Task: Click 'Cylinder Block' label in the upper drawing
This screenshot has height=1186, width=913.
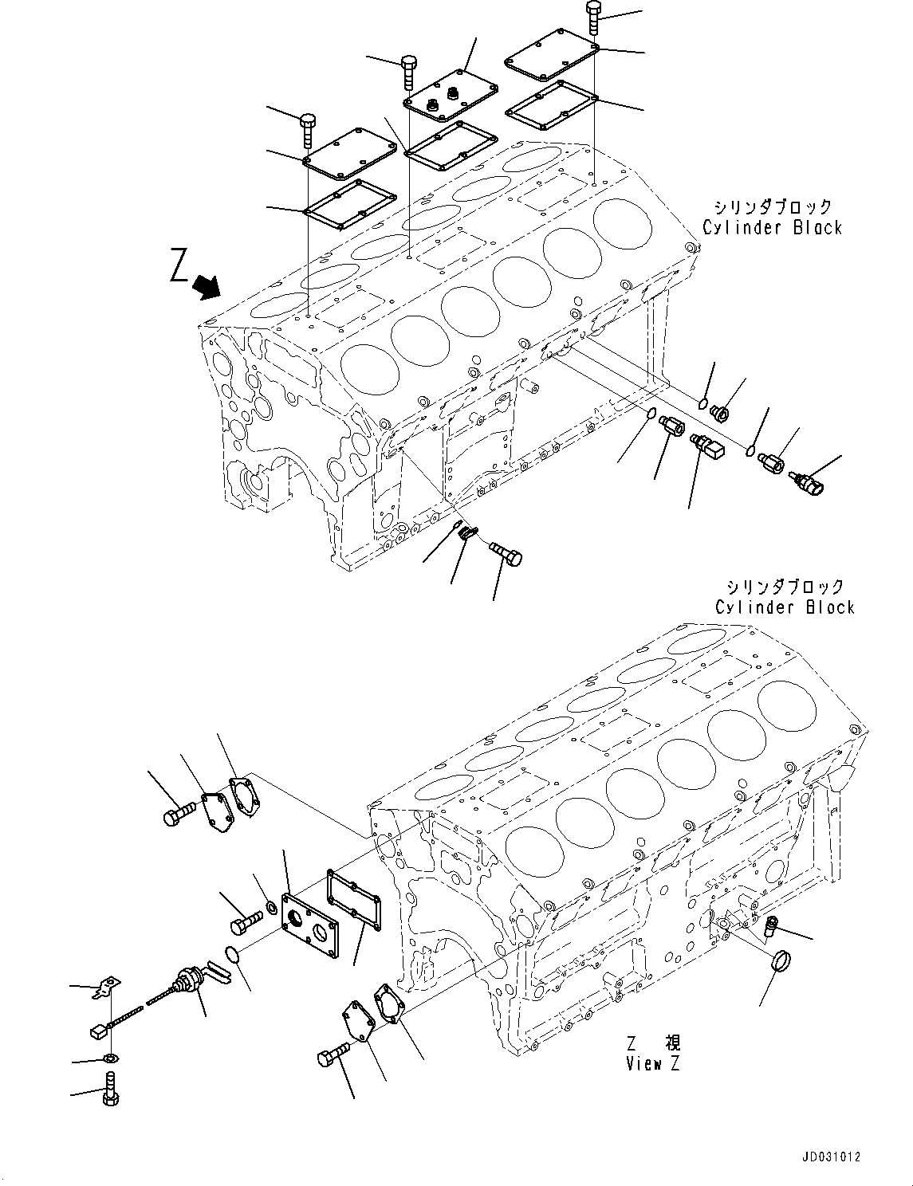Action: (772, 218)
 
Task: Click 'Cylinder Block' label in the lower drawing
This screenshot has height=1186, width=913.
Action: (784, 597)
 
